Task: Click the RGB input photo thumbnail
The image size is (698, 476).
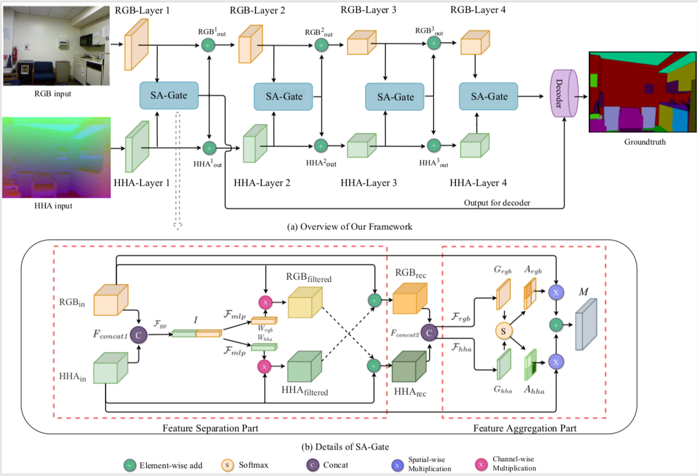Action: click(53, 44)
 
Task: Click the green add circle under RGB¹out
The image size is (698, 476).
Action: click(209, 44)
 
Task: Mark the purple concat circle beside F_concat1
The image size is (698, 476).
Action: click(138, 333)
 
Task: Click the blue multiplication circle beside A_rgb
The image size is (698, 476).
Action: click(556, 293)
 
